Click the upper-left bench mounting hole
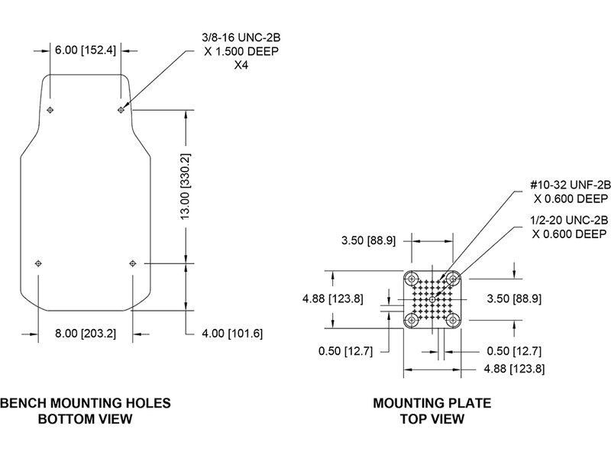50,111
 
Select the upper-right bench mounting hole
121,111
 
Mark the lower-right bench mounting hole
132,263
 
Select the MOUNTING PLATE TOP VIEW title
432,411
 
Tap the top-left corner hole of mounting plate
412,278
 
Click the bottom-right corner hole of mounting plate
454,319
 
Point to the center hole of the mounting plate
433,298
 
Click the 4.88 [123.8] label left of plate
332,298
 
